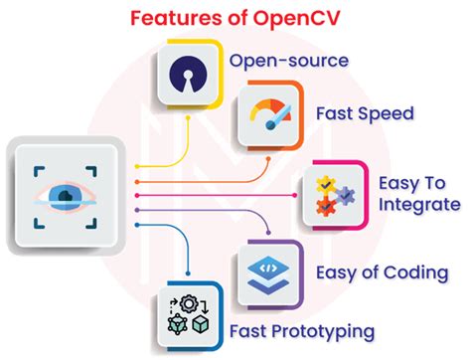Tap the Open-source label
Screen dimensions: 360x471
pos(289,61)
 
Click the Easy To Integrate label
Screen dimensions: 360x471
pos(419,194)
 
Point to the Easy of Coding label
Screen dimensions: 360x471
pos(380,271)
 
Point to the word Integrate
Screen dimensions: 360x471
pos(419,205)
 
